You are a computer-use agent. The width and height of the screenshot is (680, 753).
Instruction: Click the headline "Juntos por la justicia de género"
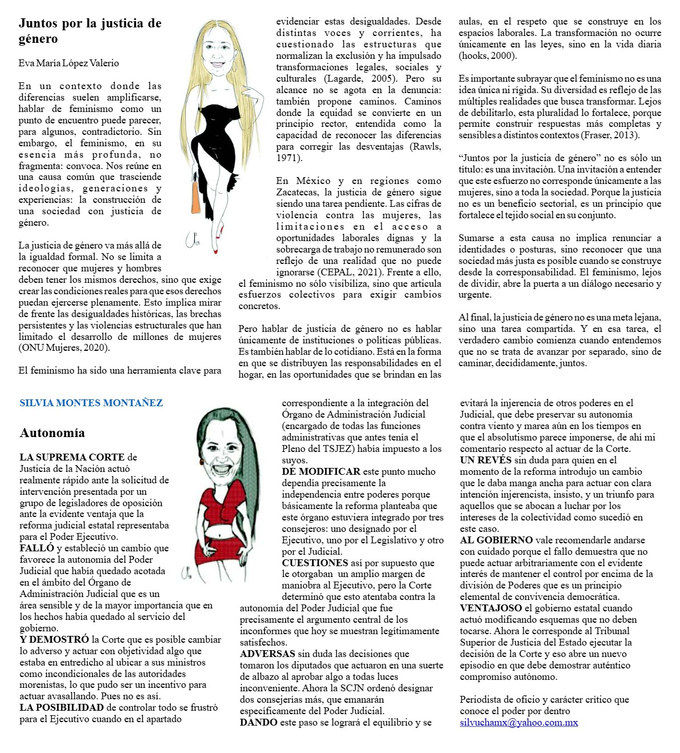90,31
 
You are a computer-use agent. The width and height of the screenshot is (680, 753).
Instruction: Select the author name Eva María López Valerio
69,63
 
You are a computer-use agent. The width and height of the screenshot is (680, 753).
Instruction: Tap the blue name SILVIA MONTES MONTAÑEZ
91,403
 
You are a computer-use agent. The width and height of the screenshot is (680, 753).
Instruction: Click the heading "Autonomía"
52,433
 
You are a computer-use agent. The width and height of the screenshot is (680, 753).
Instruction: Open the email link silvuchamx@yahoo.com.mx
518,723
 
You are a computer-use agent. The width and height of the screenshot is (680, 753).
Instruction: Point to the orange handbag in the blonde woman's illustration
195,197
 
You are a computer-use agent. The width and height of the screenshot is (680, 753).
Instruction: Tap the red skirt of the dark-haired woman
220,548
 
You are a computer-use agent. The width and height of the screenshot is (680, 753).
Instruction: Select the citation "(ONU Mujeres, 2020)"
64,348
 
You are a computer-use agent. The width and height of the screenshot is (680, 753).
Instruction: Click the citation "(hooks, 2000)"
487,56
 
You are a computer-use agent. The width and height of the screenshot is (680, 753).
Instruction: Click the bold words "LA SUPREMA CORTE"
72,457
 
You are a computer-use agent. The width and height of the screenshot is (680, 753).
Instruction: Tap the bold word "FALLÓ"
37,548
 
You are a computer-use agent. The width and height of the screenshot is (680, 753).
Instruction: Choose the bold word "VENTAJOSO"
490,608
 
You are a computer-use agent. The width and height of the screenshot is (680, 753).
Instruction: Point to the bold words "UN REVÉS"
485,460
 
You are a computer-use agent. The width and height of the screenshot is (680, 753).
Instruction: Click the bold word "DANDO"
258,723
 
